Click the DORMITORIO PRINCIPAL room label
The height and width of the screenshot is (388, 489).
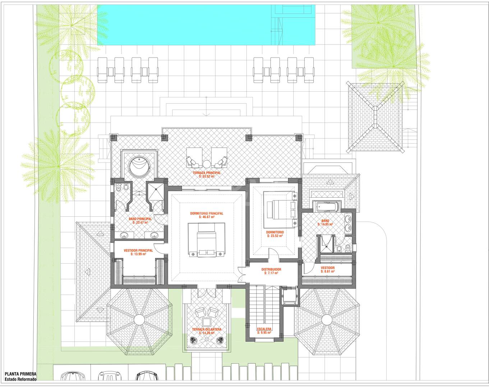pyautogui.click(x=207, y=213)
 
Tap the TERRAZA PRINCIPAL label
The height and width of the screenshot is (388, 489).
pyautogui.click(x=207, y=173)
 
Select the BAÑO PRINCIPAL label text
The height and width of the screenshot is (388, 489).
pyautogui.click(x=140, y=219)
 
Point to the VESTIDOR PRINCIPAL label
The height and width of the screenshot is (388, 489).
pyautogui.click(x=138, y=250)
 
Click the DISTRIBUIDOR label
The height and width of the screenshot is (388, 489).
pyautogui.click(x=271, y=269)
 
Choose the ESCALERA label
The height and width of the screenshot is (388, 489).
pyautogui.click(x=264, y=329)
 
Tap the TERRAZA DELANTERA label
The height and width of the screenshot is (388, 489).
pyautogui.click(x=207, y=329)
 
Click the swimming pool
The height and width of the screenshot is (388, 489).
pyautogui.click(x=206, y=25)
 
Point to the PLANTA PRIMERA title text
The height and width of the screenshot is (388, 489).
pyautogui.click(x=20, y=374)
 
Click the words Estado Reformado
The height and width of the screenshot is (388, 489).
pyautogui.click(x=20, y=379)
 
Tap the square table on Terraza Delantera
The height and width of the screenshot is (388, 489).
pyautogui.click(x=206, y=322)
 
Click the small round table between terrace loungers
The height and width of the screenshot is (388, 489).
pyautogui.click(x=207, y=164)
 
